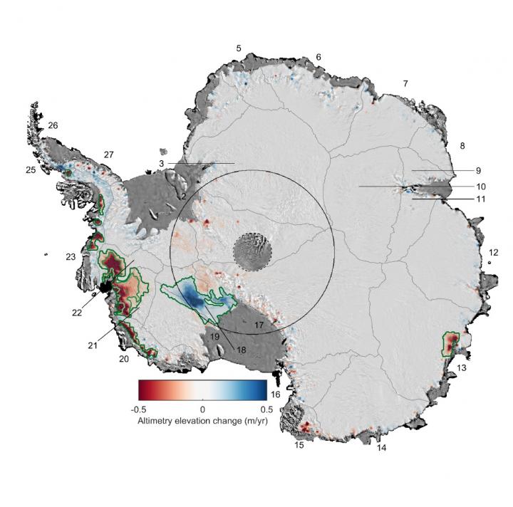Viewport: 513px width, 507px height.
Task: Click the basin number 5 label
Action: (x=239, y=48)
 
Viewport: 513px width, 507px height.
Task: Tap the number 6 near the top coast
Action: (x=318, y=57)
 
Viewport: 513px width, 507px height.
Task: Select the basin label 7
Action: (x=405, y=84)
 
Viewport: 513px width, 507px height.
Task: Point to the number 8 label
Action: (x=462, y=146)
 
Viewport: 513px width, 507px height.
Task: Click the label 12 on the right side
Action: (x=494, y=253)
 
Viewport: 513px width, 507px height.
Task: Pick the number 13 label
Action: (x=462, y=367)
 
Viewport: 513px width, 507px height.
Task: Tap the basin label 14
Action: (x=382, y=449)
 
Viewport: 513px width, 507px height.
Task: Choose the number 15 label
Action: (x=299, y=446)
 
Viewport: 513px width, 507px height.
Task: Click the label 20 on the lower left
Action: (x=124, y=359)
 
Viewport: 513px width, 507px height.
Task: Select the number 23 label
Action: (x=71, y=256)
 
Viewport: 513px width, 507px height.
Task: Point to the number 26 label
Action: (x=53, y=125)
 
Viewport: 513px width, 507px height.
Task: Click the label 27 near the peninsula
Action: (x=108, y=155)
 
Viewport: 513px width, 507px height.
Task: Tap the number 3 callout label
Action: (x=162, y=164)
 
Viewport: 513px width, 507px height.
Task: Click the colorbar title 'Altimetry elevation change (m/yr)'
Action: (x=202, y=422)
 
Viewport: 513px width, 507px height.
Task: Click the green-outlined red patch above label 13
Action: (x=451, y=344)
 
